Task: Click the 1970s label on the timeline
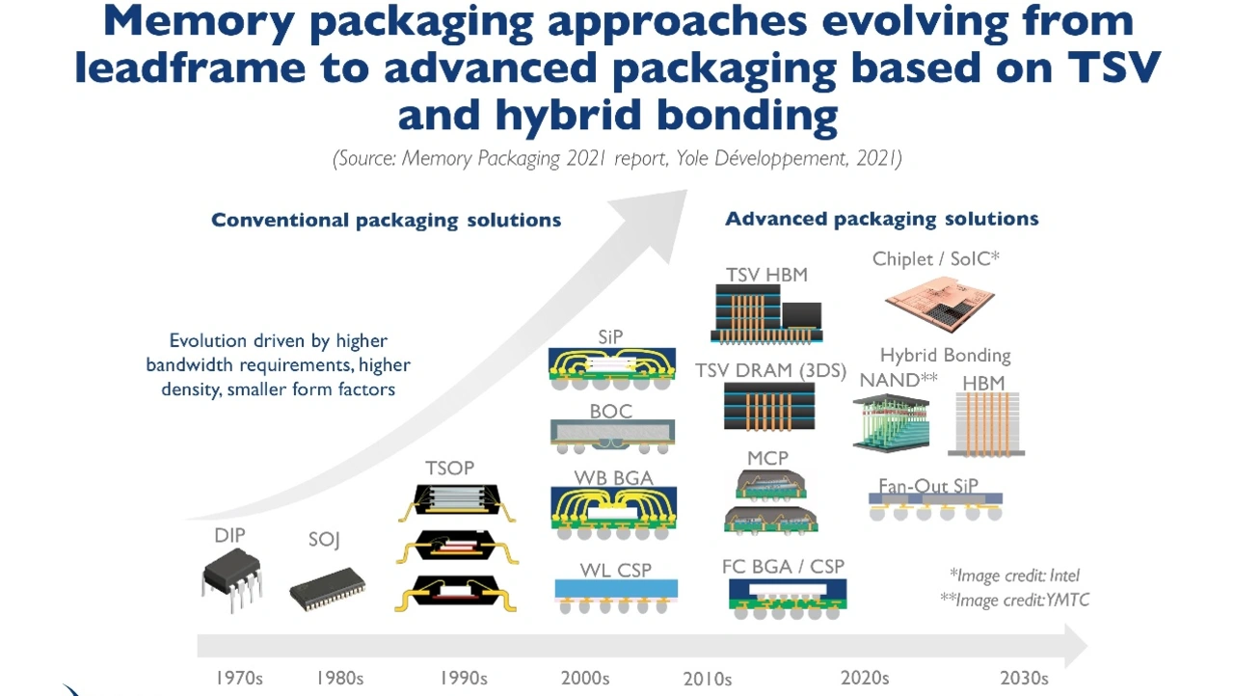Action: tap(239, 678)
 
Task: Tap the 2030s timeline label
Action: tap(1024, 678)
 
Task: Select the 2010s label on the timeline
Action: tap(708, 679)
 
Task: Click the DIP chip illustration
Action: tap(232, 582)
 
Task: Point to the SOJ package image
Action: tap(327, 589)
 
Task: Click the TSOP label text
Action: tap(449, 468)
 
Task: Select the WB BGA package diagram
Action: tap(614, 513)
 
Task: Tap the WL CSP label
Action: tap(615, 570)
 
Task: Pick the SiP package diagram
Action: tap(612, 369)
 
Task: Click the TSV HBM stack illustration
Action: tap(766, 314)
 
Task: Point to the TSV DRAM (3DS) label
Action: tap(770, 370)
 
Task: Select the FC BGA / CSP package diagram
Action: tap(788, 599)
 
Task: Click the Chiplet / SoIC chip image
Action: tap(940, 304)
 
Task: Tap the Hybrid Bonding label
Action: tap(946, 355)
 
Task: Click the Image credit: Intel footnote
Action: tap(1014, 576)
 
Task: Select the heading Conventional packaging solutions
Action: tap(387, 220)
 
